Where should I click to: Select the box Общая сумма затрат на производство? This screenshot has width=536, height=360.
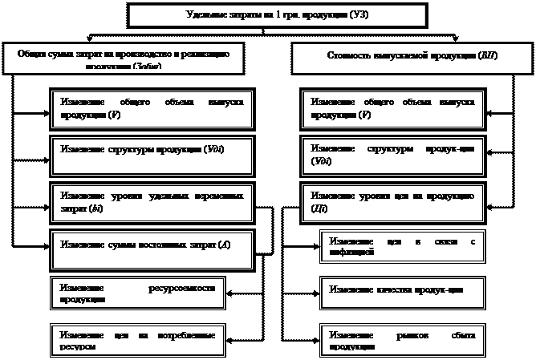[x=123, y=59]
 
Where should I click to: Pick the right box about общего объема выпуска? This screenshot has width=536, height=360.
[x=393, y=109]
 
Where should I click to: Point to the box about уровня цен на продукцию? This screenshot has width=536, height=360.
[x=393, y=201]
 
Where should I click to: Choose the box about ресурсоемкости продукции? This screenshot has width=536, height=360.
[x=137, y=293]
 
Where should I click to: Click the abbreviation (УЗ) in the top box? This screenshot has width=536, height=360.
[x=364, y=15]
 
